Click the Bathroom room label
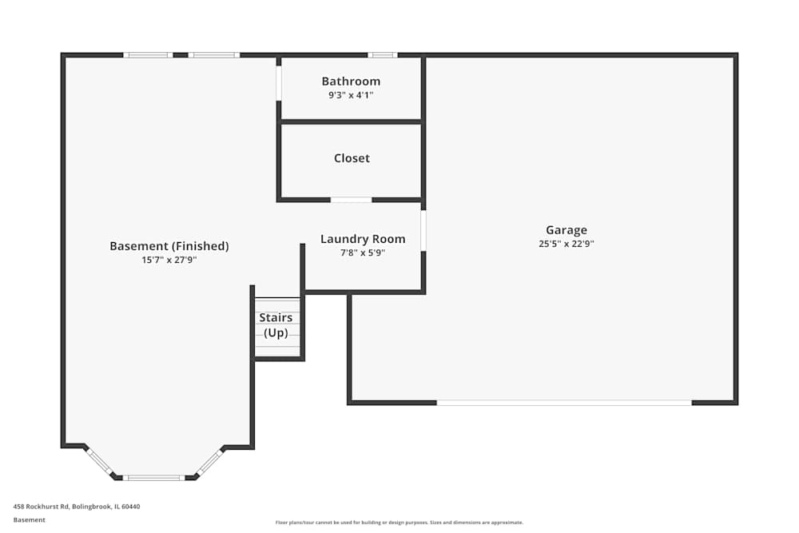(x=351, y=82)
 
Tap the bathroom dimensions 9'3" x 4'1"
(x=351, y=95)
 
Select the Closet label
(x=352, y=158)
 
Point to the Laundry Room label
(x=363, y=239)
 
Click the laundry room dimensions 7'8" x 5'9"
(x=363, y=253)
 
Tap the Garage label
(x=566, y=230)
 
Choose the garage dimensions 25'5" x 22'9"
(x=566, y=245)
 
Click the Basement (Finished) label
(x=169, y=246)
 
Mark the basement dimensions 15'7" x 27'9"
(x=169, y=260)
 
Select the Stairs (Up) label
(x=276, y=325)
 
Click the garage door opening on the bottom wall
(x=564, y=403)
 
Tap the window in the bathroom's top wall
(x=383, y=55)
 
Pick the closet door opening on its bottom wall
(x=351, y=200)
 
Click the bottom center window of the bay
(x=153, y=478)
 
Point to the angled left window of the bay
(x=100, y=461)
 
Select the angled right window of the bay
(x=209, y=461)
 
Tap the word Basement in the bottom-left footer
(x=30, y=520)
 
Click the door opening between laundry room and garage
(x=423, y=231)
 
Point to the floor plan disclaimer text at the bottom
(x=399, y=523)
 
